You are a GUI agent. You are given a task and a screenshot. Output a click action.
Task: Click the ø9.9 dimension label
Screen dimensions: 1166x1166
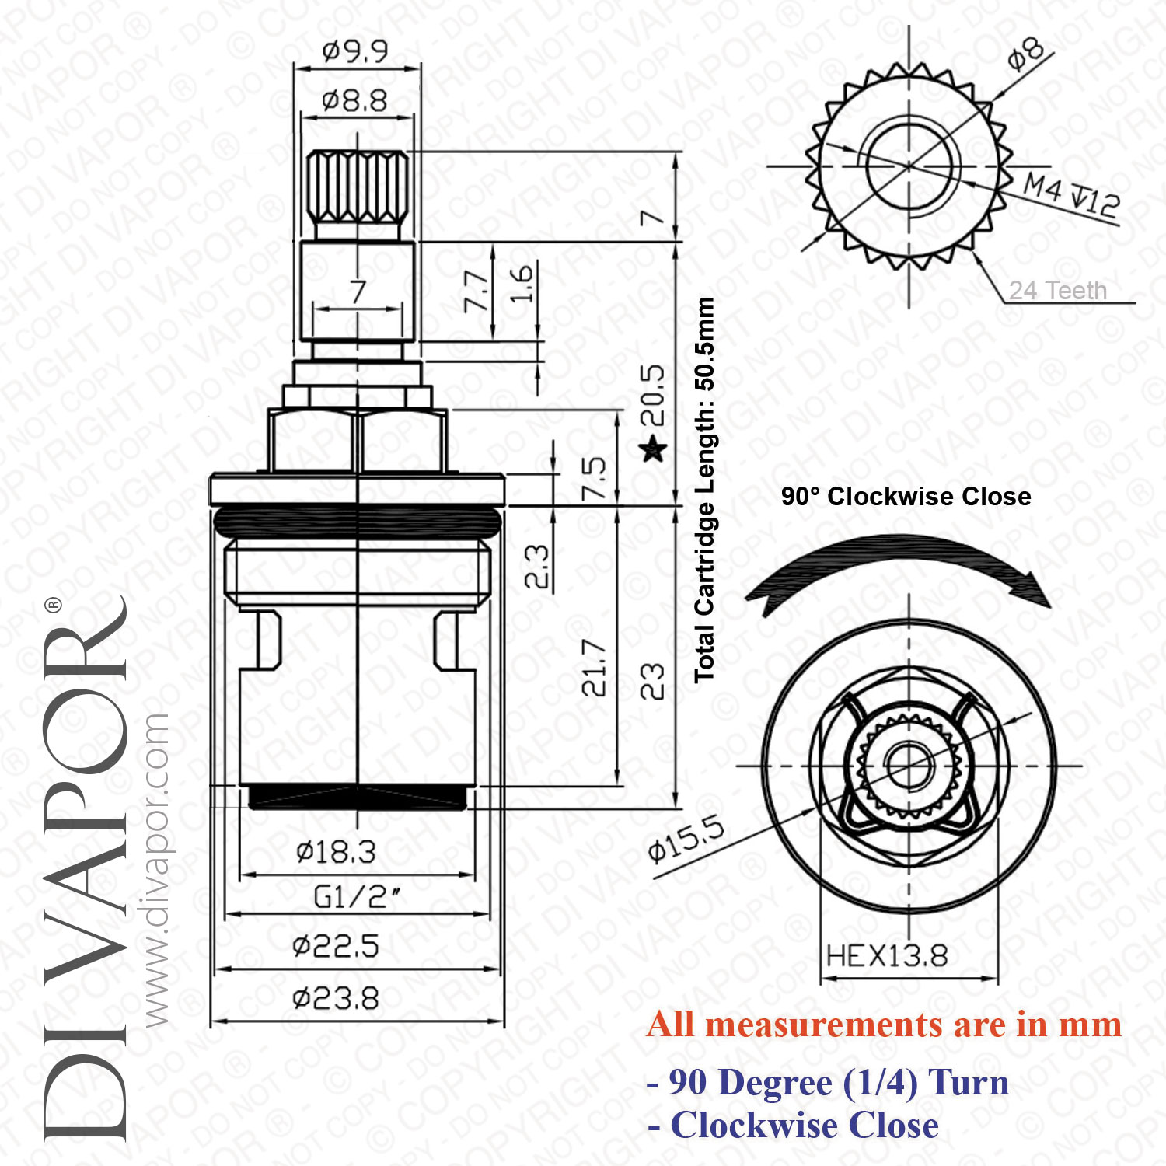pyautogui.click(x=355, y=52)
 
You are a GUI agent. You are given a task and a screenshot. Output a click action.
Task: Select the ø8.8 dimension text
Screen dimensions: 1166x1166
pyautogui.click(x=354, y=101)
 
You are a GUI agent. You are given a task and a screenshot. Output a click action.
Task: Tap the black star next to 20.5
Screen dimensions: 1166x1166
pyautogui.click(x=652, y=449)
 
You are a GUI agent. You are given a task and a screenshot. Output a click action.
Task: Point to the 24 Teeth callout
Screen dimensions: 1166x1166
pyautogui.click(x=1057, y=291)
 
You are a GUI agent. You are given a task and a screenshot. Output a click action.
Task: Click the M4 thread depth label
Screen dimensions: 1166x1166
pyautogui.click(x=1071, y=195)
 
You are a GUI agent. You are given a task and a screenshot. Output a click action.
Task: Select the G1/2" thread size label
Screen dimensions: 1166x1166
pyautogui.click(x=357, y=898)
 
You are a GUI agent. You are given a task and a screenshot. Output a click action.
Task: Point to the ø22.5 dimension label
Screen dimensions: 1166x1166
pyautogui.click(x=336, y=947)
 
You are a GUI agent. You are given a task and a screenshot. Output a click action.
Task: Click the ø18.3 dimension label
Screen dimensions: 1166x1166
pyautogui.click(x=336, y=852)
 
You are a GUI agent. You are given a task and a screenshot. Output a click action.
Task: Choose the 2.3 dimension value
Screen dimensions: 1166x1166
pyautogui.click(x=536, y=566)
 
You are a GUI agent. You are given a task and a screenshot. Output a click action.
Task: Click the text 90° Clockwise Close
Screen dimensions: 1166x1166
pyautogui.click(x=906, y=497)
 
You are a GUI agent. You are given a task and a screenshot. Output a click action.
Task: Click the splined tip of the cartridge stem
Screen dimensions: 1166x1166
pyautogui.click(x=357, y=187)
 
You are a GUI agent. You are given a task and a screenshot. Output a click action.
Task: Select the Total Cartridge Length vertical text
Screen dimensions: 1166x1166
pyautogui.click(x=704, y=490)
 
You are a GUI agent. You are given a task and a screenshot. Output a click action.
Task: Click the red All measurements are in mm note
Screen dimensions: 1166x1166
pyautogui.click(x=884, y=1025)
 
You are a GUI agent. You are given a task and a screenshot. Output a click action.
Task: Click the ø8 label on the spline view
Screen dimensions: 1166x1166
pyautogui.click(x=1025, y=53)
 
